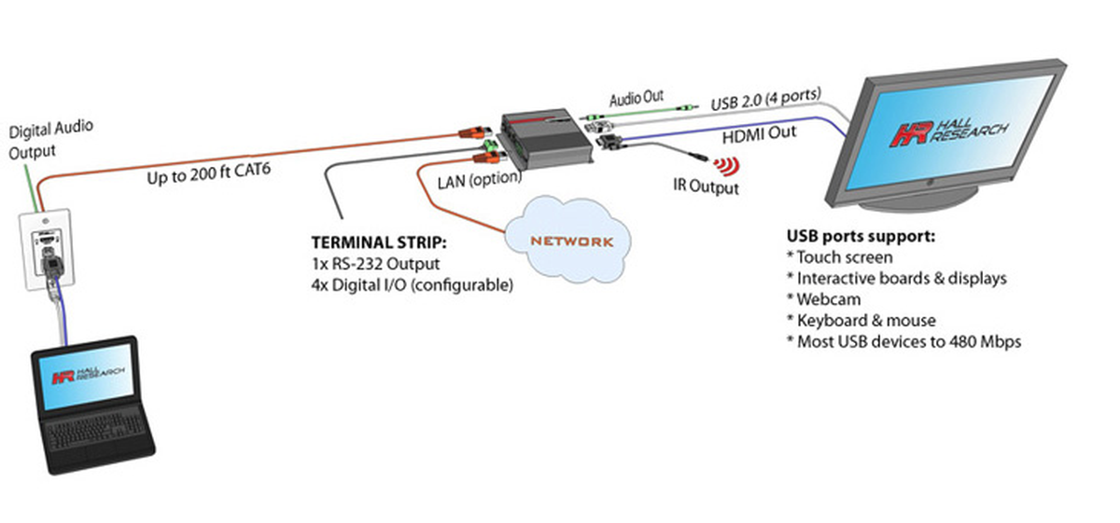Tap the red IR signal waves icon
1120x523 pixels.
[723, 166]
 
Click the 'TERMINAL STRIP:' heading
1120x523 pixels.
[379, 242]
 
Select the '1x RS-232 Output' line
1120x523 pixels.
[374, 264]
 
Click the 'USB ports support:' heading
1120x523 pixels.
[861, 235]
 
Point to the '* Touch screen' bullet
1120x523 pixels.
[839, 256]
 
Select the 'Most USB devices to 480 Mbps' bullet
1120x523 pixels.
[903, 342]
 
